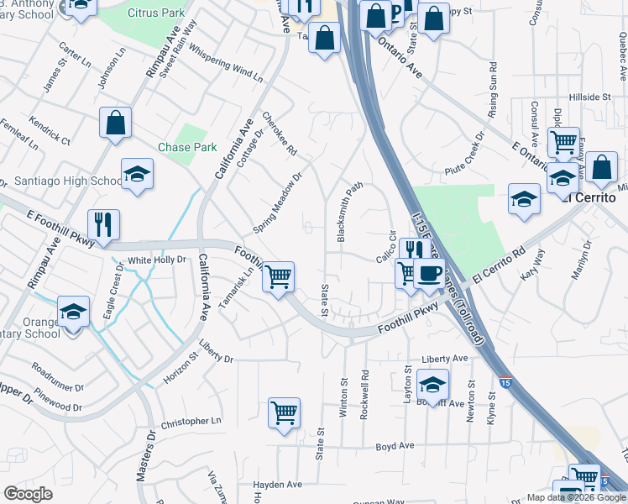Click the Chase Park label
tap(187, 147)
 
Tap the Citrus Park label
tap(157, 13)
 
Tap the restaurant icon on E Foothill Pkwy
tap(103, 224)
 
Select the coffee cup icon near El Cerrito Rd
tap(429, 274)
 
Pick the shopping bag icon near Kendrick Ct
tap(116, 123)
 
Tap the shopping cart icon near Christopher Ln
tap(285, 413)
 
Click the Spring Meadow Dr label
tap(278, 205)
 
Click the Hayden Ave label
tap(278, 485)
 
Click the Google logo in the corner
tap(28, 494)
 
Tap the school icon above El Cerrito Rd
tap(524, 199)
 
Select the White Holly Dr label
tap(157, 260)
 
